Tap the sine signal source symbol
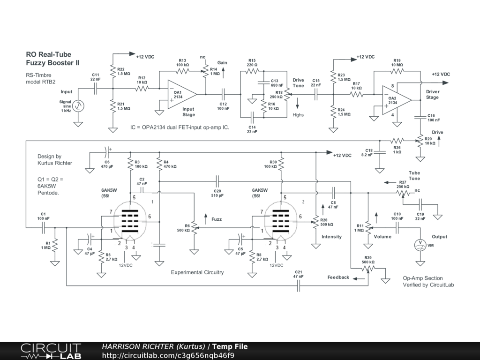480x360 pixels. (x=78, y=106)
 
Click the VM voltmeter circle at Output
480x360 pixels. (x=420, y=245)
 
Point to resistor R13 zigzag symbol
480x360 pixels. (x=183, y=71)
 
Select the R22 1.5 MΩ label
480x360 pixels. (x=124, y=71)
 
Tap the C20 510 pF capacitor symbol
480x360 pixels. (x=217, y=181)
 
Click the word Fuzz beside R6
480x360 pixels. (x=217, y=219)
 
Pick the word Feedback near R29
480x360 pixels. (x=338, y=277)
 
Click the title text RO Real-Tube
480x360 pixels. (x=49, y=54)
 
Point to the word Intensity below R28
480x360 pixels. (x=331, y=237)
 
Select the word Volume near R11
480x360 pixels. (x=382, y=237)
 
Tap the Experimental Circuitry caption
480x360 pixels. (x=197, y=272)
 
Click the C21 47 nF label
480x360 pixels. (x=299, y=274)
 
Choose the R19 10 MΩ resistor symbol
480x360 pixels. (x=397, y=71)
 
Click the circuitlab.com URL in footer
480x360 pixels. (x=168, y=355)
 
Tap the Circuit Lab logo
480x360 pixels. (x=51, y=351)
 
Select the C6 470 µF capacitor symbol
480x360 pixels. (x=107, y=152)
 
